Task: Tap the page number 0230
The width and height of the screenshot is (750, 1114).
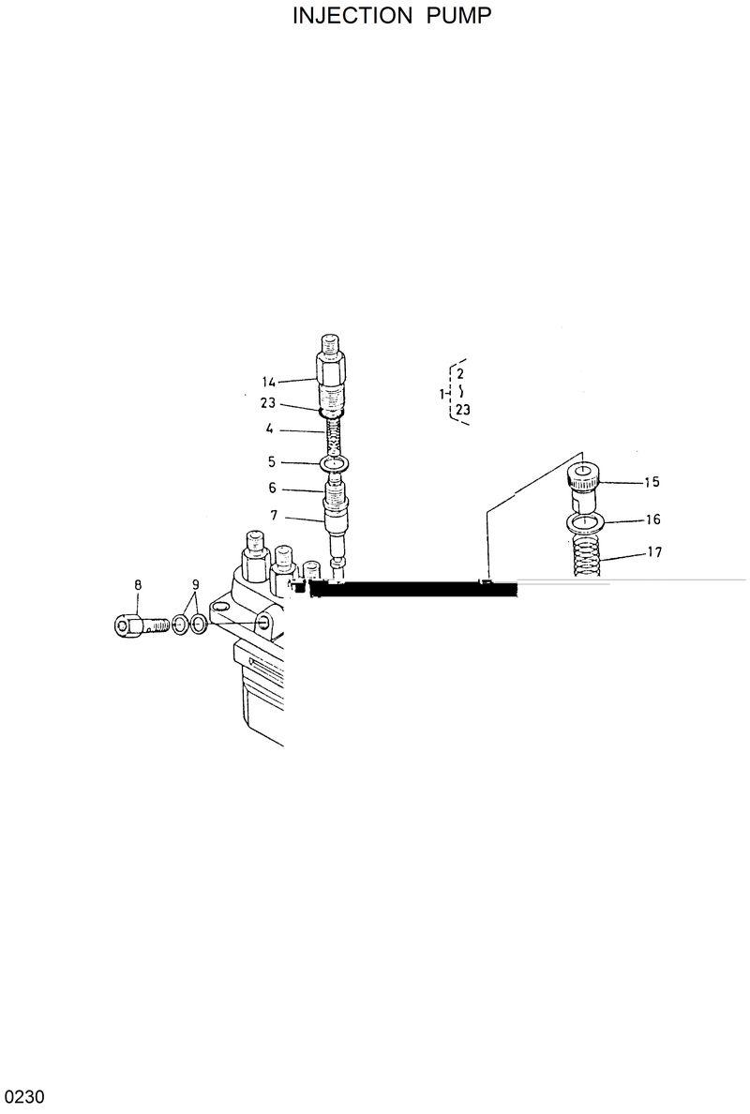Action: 22,1097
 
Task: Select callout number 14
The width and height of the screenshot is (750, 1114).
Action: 269,382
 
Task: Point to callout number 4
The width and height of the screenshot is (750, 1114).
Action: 269,429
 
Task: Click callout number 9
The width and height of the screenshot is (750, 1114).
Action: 195,585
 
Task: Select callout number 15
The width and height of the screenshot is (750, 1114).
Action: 652,482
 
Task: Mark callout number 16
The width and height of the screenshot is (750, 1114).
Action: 652,519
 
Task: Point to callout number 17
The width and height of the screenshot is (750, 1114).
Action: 653,552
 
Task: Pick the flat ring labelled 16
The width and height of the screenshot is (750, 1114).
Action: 584,521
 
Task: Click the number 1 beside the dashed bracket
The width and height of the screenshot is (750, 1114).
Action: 442,395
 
